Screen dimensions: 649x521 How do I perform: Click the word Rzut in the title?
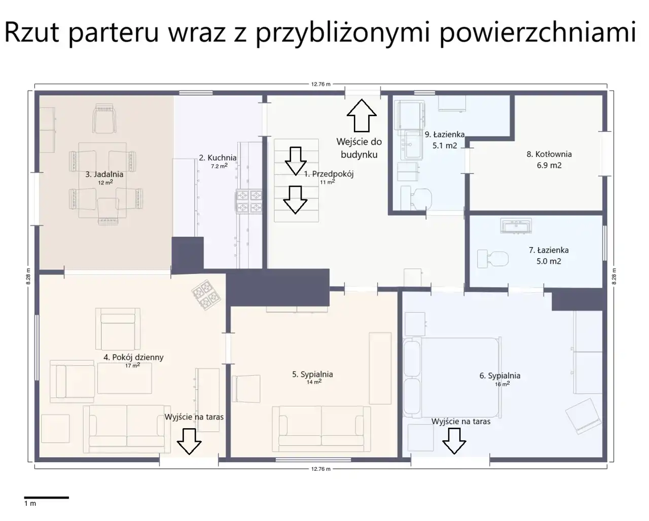[x=31, y=31]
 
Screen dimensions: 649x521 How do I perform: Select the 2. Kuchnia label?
[x=218, y=158]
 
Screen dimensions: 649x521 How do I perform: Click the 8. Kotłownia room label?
[x=549, y=154]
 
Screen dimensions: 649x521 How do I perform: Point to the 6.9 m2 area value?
[x=549, y=165]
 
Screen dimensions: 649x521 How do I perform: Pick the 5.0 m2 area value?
[x=549, y=261]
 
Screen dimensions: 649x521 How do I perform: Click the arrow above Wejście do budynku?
[x=362, y=116]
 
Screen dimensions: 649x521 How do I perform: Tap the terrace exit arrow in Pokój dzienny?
[x=189, y=441]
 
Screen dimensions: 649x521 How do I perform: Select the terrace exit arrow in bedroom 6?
[x=454, y=441]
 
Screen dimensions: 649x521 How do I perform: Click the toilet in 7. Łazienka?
[x=493, y=259]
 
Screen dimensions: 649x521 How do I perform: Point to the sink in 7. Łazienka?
[x=516, y=226]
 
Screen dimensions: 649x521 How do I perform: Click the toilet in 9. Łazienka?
[x=416, y=198]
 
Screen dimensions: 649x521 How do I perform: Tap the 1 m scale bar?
[x=47, y=498]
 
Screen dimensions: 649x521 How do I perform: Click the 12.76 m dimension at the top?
[x=321, y=84]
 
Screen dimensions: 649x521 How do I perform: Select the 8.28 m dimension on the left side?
[x=28, y=276]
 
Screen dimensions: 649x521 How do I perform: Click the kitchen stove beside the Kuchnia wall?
[x=249, y=201]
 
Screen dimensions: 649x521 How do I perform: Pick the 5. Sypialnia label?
[x=312, y=374]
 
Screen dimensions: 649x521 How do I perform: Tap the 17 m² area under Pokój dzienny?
[x=133, y=365]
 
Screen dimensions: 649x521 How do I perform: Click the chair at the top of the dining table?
[x=104, y=118]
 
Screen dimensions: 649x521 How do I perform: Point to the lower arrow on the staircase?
[x=295, y=200]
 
